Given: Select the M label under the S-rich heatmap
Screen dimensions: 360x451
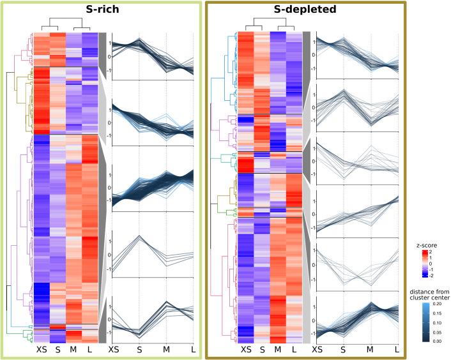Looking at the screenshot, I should (x=73, y=350).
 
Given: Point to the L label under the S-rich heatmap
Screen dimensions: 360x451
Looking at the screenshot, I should (x=90, y=350).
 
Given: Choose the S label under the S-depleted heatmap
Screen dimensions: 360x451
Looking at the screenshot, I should (x=262, y=350).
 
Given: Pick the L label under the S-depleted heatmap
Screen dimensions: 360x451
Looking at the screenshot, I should (x=294, y=350).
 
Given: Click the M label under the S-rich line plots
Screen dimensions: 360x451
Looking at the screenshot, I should (x=167, y=350).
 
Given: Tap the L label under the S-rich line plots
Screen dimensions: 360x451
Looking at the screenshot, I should (x=194, y=350).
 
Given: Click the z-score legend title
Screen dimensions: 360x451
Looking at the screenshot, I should (x=425, y=244).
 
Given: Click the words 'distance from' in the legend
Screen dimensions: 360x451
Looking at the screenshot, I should (x=426, y=292).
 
